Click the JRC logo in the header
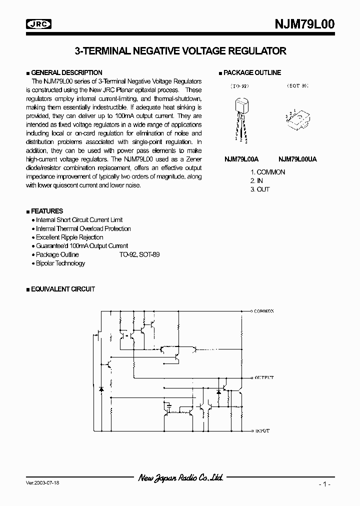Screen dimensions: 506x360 pos(40,23)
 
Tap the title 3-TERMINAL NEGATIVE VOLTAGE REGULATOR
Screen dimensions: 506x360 pos(180,50)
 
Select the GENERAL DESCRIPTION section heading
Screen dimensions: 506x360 pos(66,72)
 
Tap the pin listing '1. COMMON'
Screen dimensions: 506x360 pos(267,172)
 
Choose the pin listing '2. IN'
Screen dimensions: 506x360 pos(256,180)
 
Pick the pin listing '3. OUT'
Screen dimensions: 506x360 pos(260,189)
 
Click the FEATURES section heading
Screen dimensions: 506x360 pos(47,211)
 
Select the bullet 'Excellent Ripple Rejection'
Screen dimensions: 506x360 pos(69,237)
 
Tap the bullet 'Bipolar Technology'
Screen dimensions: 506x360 pos(60,263)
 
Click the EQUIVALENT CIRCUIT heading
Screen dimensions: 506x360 pos(63,289)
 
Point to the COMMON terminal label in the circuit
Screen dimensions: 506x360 pos(263,311)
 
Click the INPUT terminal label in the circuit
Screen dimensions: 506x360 pos(262,430)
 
